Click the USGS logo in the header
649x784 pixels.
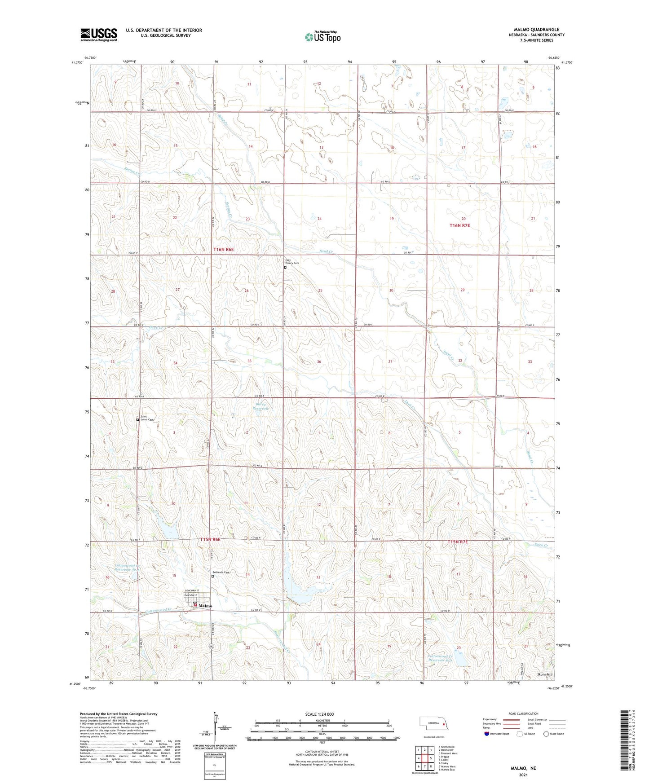click(x=99, y=35)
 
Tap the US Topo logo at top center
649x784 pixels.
click(x=322, y=37)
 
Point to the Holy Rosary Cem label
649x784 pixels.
click(x=292, y=261)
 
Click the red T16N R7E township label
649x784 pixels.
click(x=459, y=225)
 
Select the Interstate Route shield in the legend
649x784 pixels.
click(x=487, y=734)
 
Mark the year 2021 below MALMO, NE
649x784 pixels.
click(x=523, y=775)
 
